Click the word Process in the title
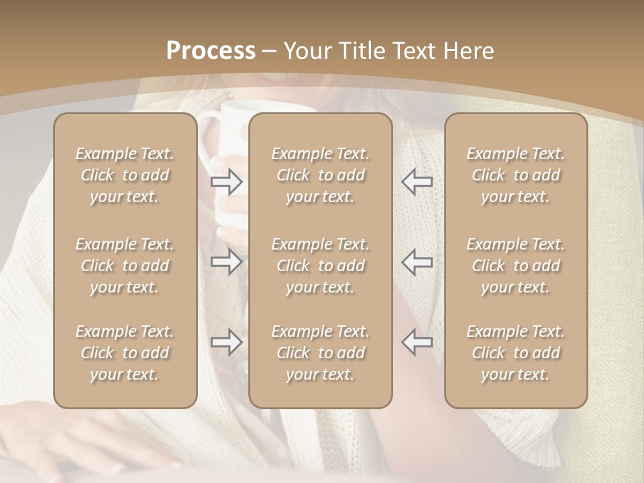(211, 51)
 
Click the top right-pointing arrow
(227, 182)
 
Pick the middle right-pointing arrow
(227, 262)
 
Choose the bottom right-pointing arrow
(227, 342)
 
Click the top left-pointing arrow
(417, 182)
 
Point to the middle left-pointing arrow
(417, 262)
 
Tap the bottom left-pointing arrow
(417, 342)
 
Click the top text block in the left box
(125, 175)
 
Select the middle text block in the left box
(125, 266)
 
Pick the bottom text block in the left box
(125, 353)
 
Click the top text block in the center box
(321, 175)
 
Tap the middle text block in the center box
(321, 266)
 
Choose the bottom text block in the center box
(321, 353)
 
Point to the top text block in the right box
(516, 175)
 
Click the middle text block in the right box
(516, 266)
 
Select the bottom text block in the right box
(516, 353)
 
